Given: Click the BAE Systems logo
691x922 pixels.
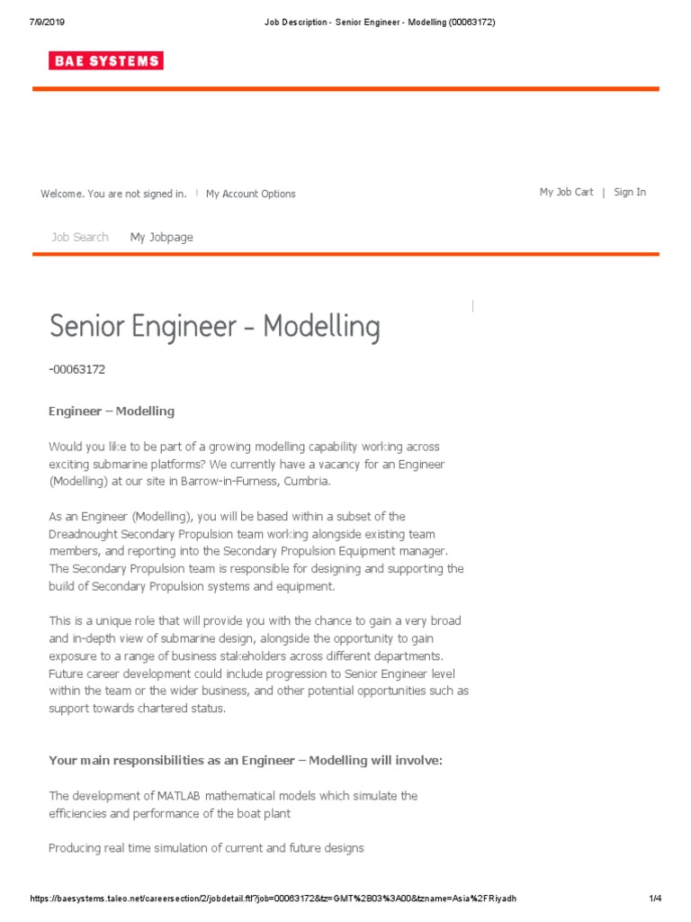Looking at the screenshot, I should pos(106,61).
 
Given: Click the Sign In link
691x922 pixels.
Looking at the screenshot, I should pos(629,192).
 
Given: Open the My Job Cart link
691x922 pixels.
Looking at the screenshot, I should pos(566,192).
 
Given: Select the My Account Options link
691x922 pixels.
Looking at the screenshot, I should pos(250,194).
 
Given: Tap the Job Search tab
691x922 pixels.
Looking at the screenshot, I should pos(80,237).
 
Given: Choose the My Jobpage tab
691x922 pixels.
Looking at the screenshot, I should pos(161,237).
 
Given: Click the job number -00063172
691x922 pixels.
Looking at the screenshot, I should pos(83,369).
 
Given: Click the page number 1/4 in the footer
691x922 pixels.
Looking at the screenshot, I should pos(655,899).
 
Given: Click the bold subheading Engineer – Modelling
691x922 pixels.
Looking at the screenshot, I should pos(111,411).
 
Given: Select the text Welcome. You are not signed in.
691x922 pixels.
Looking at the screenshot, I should pos(113,194).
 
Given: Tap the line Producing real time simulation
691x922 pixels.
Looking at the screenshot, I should pos(206,848).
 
